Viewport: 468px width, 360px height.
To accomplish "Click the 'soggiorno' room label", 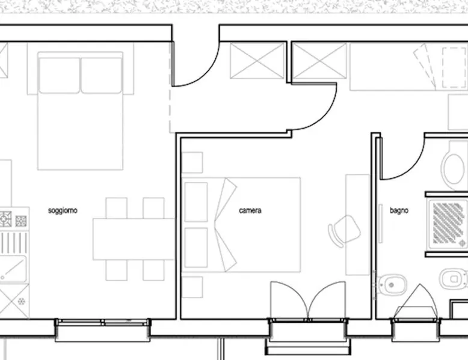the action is pyautogui.click(x=63, y=210).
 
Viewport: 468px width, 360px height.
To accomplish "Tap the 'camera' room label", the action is pyautogui.click(x=250, y=210).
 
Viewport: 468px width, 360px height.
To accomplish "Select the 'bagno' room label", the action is pyautogui.click(x=399, y=210).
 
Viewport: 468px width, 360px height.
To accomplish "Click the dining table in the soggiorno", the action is pyautogui.click(x=134, y=239).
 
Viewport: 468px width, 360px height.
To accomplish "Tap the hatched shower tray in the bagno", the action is pyautogui.click(x=448, y=224).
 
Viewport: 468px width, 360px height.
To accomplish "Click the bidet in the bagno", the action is pyautogui.click(x=392, y=284).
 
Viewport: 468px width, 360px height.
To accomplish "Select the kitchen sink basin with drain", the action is pyautogui.click(x=13, y=269).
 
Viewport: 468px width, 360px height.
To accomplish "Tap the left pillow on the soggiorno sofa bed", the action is pyautogui.click(x=59, y=76).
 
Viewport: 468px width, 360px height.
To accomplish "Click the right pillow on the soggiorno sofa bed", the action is pyautogui.click(x=102, y=76).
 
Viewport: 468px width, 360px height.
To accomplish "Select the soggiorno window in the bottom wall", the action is pyautogui.click(x=103, y=323).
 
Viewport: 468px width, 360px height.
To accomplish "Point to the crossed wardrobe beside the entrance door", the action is pyautogui.click(x=257, y=61).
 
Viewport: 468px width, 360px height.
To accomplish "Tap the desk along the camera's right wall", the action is pyautogui.click(x=357, y=225).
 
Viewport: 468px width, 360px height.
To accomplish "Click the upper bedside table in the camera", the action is pyautogui.click(x=192, y=162).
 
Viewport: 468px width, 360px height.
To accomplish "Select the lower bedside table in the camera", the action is pyautogui.click(x=192, y=287).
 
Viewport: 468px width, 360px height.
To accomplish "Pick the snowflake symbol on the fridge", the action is pyautogui.click(x=21, y=301).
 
